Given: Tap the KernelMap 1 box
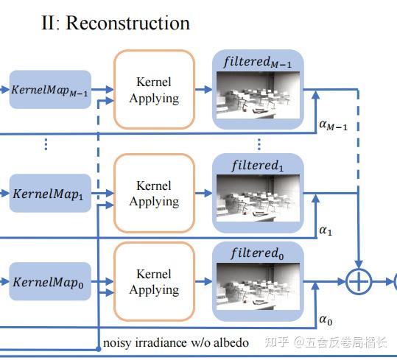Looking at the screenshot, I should pos(50,193).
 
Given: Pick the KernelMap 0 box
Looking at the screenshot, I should pos(50,281).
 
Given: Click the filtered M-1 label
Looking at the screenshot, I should pos(258,63).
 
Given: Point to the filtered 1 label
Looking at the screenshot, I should pos(258,166).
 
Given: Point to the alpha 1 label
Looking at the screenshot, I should pos(326,230).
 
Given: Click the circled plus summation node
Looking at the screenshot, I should pos(359,281).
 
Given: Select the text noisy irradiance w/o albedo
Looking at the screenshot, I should pos(176,342).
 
